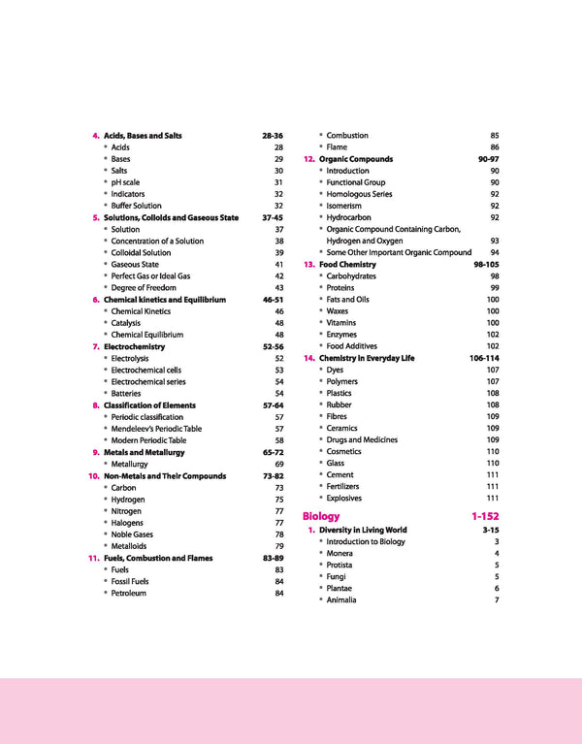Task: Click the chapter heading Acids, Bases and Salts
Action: (x=143, y=136)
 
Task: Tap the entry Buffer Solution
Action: (x=136, y=206)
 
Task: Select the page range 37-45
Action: (x=273, y=218)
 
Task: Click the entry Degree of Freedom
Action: (x=144, y=288)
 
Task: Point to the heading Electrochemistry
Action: (x=134, y=346)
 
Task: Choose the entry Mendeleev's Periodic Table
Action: (x=156, y=429)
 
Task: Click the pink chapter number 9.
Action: (x=96, y=453)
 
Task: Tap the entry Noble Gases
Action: (x=132, y=534)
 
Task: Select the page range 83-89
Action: (x=273, y=559)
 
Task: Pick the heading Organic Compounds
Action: (x=356, y=159)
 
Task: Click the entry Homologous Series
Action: (x=359, y=194)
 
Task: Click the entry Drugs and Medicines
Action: (x=362, y=440)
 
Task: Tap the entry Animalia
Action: (x=341, y=600)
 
